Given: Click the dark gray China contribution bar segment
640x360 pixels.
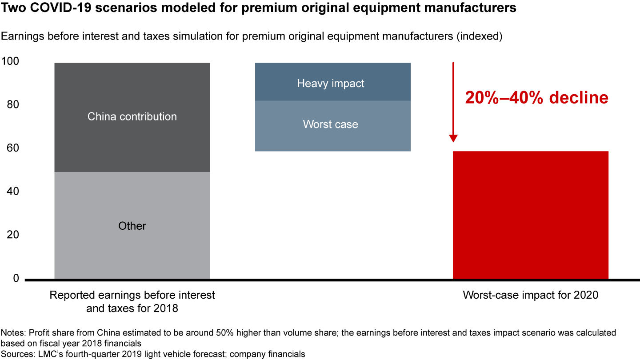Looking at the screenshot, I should tap(132, 98).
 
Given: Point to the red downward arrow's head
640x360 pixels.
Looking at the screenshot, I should tap(453, 137).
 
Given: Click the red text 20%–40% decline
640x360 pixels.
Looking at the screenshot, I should tap(536, 98).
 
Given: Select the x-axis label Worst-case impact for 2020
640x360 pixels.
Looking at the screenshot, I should tap(530, 295).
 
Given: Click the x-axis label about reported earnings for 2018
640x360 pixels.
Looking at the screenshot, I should tap(132, 301).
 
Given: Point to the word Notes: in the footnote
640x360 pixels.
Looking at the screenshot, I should tap(12, 333).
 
